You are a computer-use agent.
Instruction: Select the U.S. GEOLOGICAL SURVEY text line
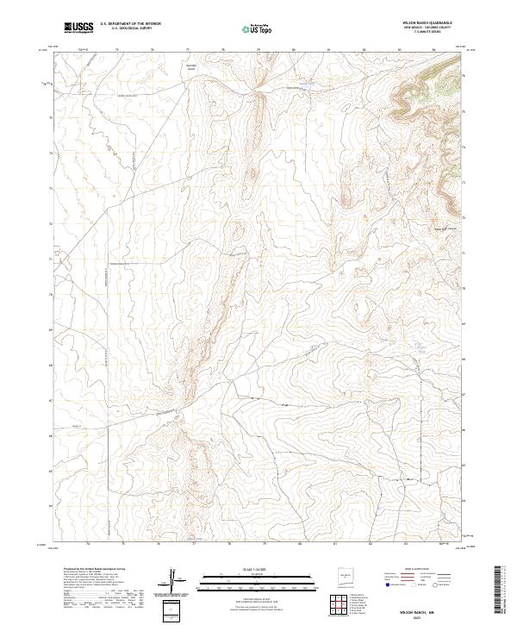click(130, 29)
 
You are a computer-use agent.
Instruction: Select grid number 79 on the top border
click(258, 50)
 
